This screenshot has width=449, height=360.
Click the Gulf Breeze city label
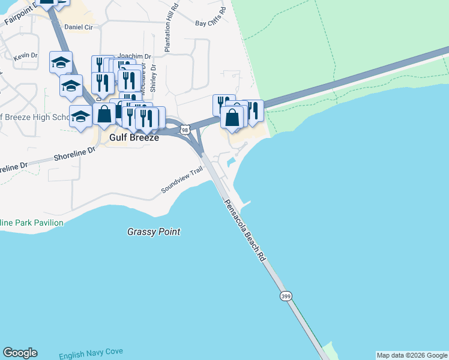pos(134,137)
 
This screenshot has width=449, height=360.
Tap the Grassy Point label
pos(154,232)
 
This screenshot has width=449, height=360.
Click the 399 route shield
pos(286,296)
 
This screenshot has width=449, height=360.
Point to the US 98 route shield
pos(185,130)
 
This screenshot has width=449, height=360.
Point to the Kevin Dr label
pos(25,55)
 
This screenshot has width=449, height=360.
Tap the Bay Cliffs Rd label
pos(211,17)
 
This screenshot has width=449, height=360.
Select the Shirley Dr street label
pos(153,78)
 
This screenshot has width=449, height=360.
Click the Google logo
pos(20,353)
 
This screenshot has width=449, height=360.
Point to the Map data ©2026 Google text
pos(412,355)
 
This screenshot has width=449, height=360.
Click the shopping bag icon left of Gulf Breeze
pos(104,113)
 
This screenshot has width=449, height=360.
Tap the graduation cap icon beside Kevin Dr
pos(61,62)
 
